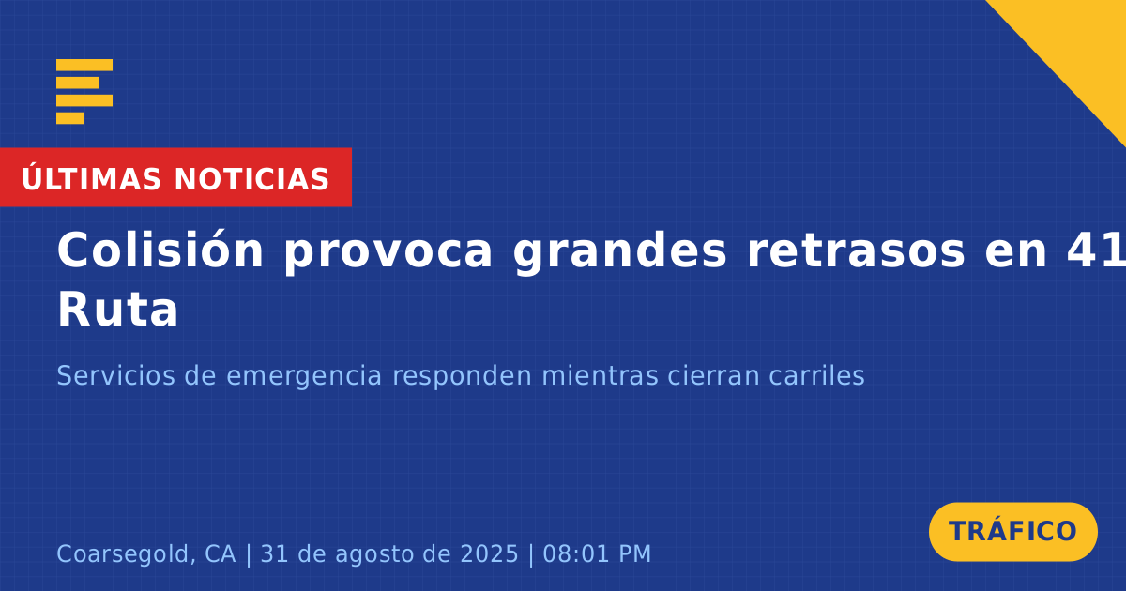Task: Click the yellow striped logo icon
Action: [x=84, y=92]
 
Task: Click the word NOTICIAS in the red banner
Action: [x=251, y=179]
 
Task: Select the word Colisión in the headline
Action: [x=160, y=250]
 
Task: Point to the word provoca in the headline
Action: [x=388, y=255]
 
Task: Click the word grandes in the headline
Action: [x=620, y=252]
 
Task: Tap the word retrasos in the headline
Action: [x=856, y=251]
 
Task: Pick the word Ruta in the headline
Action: [x=117, y=311]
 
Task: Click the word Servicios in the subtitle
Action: [x=115, y=375]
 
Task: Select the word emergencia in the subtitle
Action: [x=304, y=377]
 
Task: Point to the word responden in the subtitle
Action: [x=462, y=377]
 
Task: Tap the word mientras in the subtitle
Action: [x=600, y=375]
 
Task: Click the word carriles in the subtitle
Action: [x=815, y=375]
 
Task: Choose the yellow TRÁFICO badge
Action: [x=1012, y=532]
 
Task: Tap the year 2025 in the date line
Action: [x=489, y=554]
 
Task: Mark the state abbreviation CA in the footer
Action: [x=221, y=554]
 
